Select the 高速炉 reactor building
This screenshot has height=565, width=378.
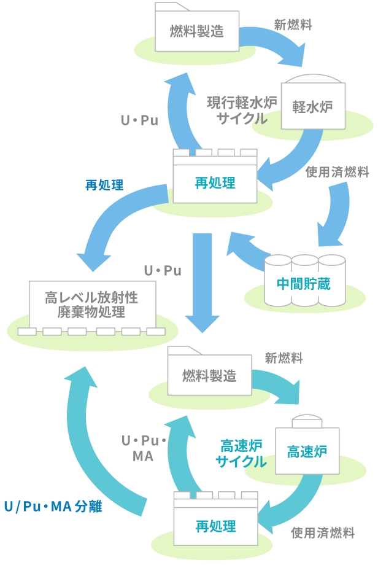coord(307,452)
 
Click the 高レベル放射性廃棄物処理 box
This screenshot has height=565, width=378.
coord(91,305)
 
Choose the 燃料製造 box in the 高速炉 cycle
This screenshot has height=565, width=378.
coord(209,375)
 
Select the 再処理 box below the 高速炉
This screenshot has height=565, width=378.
coord(215,525)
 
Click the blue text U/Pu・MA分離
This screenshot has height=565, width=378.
coord(53,507)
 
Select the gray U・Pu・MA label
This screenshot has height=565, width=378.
coord(143,448)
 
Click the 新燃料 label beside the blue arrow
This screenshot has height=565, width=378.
coord(293,25)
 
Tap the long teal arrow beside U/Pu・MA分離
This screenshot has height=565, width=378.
coord(86,448)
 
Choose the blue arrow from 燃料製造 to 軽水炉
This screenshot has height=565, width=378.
coord(270,46)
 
